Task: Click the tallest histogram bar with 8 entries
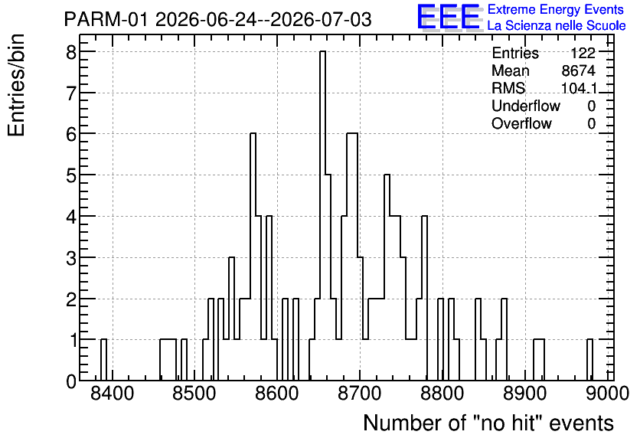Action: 322,216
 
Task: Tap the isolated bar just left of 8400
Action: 103,360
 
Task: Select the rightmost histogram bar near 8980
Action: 589,360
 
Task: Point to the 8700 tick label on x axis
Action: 360,394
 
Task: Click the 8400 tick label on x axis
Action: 112,394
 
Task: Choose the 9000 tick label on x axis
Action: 606,394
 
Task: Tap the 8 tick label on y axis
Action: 71,52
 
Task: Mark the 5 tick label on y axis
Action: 71,175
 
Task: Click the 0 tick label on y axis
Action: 71,381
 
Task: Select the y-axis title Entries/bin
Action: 16,86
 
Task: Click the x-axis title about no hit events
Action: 488,423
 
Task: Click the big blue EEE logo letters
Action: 449,17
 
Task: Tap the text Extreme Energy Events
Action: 556,9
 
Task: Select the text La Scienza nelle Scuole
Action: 557,26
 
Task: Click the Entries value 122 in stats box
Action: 583,53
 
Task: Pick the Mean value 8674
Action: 578,70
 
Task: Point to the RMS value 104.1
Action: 579,88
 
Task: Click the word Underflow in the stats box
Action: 526,106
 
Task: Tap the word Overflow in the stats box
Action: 521,123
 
